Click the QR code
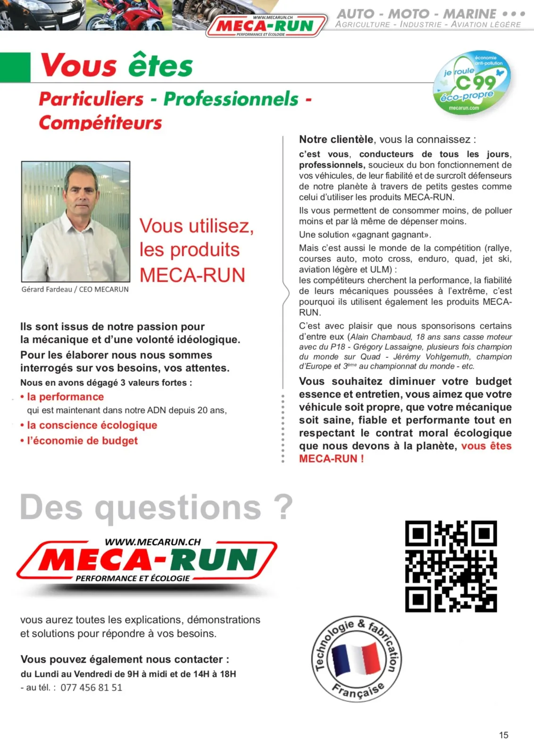(x=451, y=566)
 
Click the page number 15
(x=503, y=735)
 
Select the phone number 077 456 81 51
(x=91, y=688)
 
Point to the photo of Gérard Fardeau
(x=75, y=221)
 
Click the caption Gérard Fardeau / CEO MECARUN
(x=75, y=289)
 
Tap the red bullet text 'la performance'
(x=65, y=397)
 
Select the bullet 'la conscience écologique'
(x=92, y=425)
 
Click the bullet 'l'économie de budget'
(x=82, y=441)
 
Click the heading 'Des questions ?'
(x=156, y=507)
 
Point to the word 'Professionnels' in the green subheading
(x=231, y=99)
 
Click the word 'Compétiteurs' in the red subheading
(x=100, y=123)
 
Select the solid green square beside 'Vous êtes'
(x=15, y=67)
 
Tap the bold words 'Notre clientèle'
(x=336, y=140)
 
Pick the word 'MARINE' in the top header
(x=470, y=14)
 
